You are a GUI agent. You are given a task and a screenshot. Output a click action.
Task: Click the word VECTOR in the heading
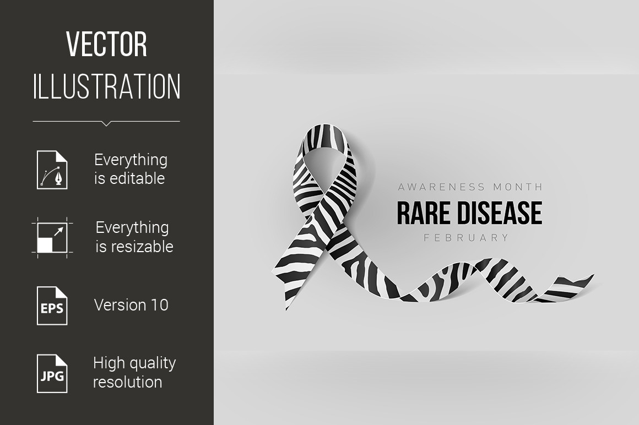pyautogui.click(x=106, y=45)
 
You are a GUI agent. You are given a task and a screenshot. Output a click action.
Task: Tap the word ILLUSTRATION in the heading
pyautogui.click(x=107, y=86)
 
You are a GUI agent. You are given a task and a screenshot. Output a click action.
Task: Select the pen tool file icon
pyautogui.click(x=52, y=170)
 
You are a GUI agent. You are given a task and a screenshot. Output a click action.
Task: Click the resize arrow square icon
pyautogui.click(x=52, y=238)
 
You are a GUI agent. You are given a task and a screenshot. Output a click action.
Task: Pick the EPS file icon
pyautogui.click(x=52, y=306)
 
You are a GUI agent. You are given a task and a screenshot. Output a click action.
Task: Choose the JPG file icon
pyautogui.click(x=52, y=374)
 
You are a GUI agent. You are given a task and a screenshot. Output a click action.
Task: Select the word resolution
pyautogui.click(x=128, y=382)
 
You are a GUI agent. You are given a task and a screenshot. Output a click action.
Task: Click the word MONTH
pyautogui.click(x=518, y=187)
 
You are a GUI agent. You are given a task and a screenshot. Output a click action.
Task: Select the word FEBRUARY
pyautogui.click(x=467, y=238)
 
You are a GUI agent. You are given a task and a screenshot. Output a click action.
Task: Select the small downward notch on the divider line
pyautogui.click(x=106, y=124)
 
